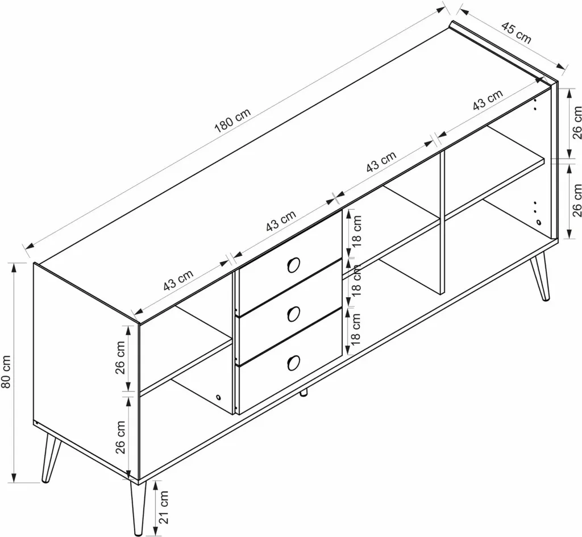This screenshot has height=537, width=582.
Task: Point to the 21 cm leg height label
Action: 164,507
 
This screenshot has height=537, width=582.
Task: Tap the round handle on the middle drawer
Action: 293,314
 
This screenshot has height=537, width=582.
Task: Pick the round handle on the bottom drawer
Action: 293,362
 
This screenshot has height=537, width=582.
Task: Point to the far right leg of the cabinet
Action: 540,276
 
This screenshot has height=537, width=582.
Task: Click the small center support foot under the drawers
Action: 304,393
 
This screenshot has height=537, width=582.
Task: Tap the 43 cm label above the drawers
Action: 281,220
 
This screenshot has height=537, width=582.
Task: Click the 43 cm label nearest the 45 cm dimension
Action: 488,100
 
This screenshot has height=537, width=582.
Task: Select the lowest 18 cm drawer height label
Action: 355,329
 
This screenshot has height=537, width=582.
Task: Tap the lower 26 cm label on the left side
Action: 120,437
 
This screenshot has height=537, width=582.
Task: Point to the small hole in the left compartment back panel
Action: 218,397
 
